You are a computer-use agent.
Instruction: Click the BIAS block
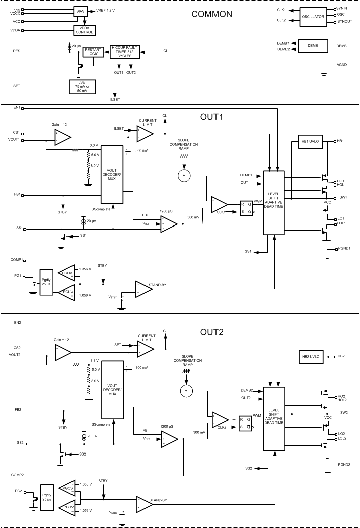tap(80, 11)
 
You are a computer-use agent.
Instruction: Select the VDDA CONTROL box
tap(84, 30)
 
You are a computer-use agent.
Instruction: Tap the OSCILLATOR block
tap(313, 17)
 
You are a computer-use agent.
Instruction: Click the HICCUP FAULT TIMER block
tap(125, 52)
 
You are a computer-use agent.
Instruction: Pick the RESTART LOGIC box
tap(93, 52)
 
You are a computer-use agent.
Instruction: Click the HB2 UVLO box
tap(311, 356)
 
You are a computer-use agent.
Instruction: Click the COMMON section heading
tap(211, 14)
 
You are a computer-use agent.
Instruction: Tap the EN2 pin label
tap(17, 322)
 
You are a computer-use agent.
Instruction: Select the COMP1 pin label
tap(19, 260)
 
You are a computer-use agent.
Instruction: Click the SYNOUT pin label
tap(345, 22)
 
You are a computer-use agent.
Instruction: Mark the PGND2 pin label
tap(345, 465)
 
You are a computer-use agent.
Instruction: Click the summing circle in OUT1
tap(184, 175)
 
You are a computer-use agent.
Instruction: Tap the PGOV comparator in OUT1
tap(66, 272)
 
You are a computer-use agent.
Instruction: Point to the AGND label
tap(341, 65)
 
